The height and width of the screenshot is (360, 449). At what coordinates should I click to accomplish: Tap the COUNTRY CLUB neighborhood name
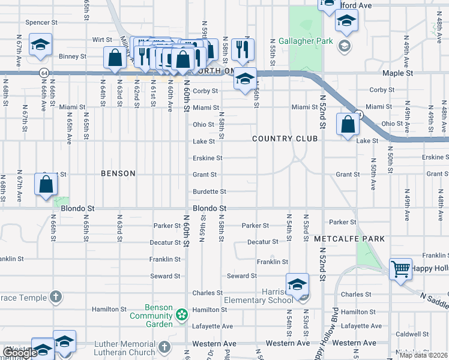(285, 139)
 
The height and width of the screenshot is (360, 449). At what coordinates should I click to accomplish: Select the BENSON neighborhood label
(118, 173)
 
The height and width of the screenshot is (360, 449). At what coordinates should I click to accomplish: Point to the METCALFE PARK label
(349, 239)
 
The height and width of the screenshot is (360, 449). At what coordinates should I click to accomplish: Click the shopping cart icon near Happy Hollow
(400, 269)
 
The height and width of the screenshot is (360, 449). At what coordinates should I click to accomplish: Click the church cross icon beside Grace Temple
(55, 296)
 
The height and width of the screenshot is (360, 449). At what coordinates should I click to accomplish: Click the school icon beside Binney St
(40, 44)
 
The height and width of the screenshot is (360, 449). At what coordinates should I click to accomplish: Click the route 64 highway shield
(44, 72)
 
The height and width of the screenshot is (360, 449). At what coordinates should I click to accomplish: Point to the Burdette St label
(209, 191)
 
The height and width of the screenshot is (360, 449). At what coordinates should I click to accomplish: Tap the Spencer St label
(41, 23)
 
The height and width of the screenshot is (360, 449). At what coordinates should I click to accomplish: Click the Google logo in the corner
(20, 353)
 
